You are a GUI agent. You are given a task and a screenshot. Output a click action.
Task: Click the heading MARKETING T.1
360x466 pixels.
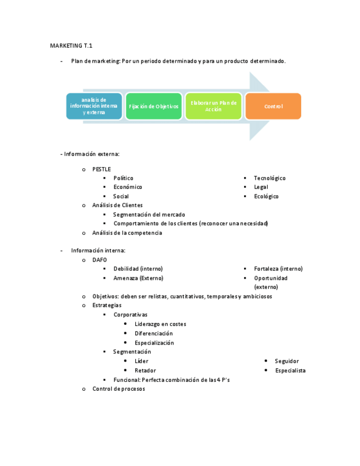tap(71, 45)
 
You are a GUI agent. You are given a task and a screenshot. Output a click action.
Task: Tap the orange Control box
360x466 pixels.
tap(273, 106)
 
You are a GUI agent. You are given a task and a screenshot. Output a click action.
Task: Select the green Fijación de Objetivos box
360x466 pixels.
tap(153, 106)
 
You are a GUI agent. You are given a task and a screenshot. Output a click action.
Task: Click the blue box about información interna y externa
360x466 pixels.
tap(94, 106)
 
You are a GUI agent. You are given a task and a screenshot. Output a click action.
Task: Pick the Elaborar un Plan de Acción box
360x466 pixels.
tap(213, 106)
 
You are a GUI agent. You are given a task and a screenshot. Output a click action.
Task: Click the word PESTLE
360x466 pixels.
tap(101, 169)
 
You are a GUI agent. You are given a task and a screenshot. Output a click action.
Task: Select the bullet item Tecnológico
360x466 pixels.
tap(269, 178)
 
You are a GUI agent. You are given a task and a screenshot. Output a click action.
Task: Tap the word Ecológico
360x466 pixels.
tap(266, 196)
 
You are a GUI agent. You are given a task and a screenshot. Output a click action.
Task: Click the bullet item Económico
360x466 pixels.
tap(128, 187)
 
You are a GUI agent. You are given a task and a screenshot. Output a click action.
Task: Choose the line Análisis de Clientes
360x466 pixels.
tap(117, 205)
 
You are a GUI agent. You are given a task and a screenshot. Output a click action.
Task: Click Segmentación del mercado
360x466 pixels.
tap(149, 214)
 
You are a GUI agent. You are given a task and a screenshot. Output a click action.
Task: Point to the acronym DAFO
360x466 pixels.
tap(99, 259)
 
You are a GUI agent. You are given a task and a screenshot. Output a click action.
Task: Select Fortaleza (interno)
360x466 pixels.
tap(278, 269)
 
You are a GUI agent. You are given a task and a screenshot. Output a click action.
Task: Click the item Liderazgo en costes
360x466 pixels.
tap(160, 324)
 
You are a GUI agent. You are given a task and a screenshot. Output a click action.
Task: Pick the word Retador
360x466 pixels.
tap(145, 370)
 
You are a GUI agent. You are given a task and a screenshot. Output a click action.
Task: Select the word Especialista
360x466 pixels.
tap(290, 370)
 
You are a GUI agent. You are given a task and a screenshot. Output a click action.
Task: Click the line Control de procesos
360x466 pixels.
tap(119, 389)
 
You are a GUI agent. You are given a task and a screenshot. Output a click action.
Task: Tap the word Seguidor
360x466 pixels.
tap(287, 361)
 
